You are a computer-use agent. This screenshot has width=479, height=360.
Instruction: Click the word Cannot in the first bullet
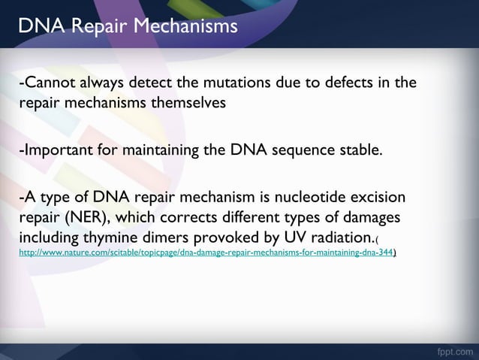(46, 82)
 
